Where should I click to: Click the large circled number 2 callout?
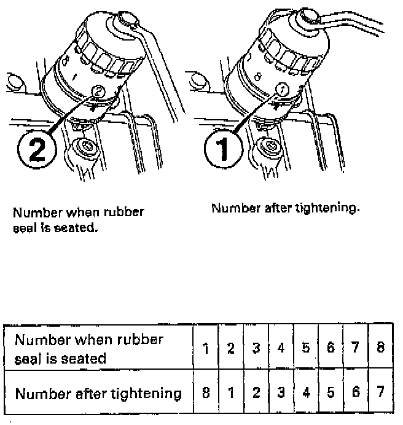[x=37, y=150]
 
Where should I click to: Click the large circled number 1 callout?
[x=223, y=148]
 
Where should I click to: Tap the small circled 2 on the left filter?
[x=98, y=91]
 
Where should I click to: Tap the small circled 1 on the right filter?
[x=283, y=89]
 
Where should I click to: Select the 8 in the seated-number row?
[x=380, y=347]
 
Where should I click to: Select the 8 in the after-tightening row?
[x=206, y=392]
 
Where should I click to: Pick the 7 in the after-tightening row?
[x=380, y=391]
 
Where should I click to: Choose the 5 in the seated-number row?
[x=306, y=348]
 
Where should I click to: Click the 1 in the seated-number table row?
[x=206, y=348]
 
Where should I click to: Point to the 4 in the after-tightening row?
[x=306, y=392]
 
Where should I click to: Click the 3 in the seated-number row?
[x=256, y=348]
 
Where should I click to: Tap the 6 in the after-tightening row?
[x=356, y=392]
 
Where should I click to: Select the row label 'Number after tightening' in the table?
[x=98, y=394]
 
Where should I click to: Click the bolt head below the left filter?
[x=86, y=149]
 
